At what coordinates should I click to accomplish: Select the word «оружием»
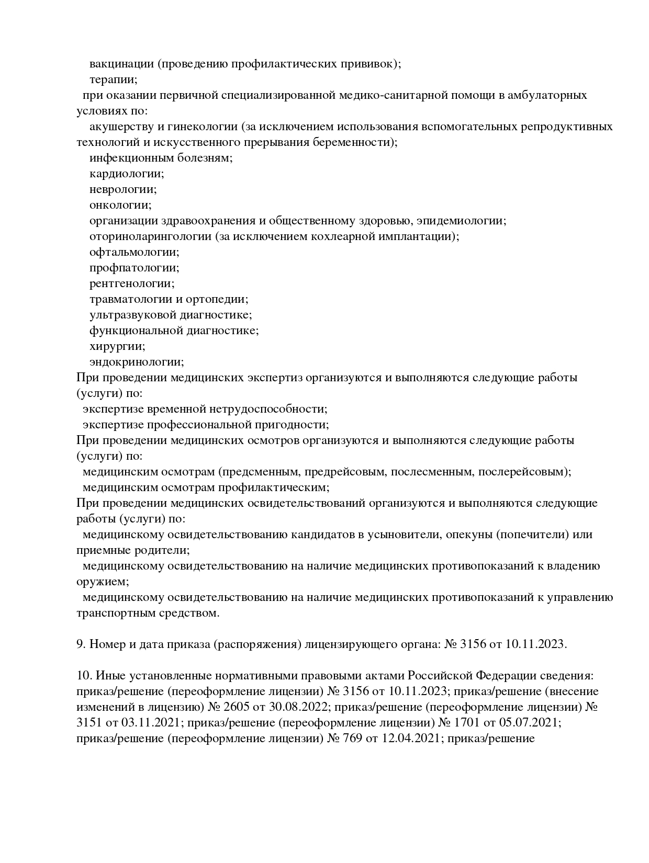pyautogui.click(x=102, y=582)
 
